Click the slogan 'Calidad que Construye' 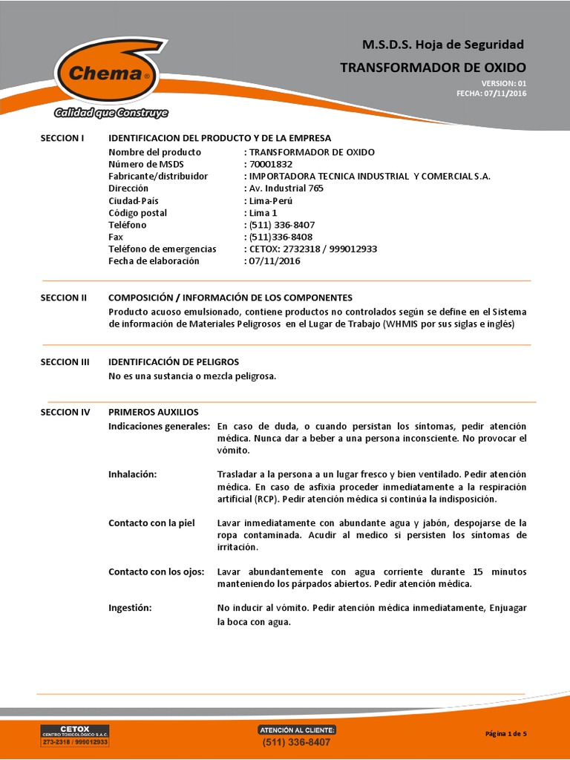pos(110,114)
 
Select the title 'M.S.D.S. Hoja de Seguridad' pos(443,45)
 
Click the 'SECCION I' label pos(62,138)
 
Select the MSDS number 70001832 pos(270,164)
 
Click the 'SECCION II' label pos(64,298)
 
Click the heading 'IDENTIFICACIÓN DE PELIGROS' pos(174,362)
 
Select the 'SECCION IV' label pos(65,412)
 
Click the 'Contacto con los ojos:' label pos(156,571)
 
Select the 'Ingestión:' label pos(130,608)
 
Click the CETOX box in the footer pos(74,736)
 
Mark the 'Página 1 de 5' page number pos(506,734)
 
